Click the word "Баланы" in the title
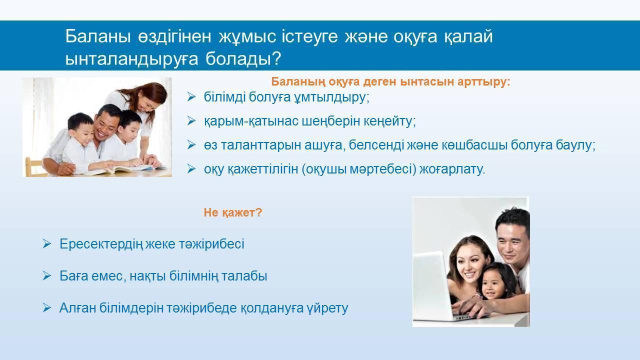(98, 36)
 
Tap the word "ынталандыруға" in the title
(131, 59)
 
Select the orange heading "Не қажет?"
(233, 212)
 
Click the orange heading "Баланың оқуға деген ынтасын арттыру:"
(390, 81)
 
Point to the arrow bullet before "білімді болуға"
(191, 97)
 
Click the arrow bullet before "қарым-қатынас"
(191, 121)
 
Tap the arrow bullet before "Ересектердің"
(47, 244)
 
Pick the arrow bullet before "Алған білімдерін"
(47, 308)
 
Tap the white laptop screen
(430, 283)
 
